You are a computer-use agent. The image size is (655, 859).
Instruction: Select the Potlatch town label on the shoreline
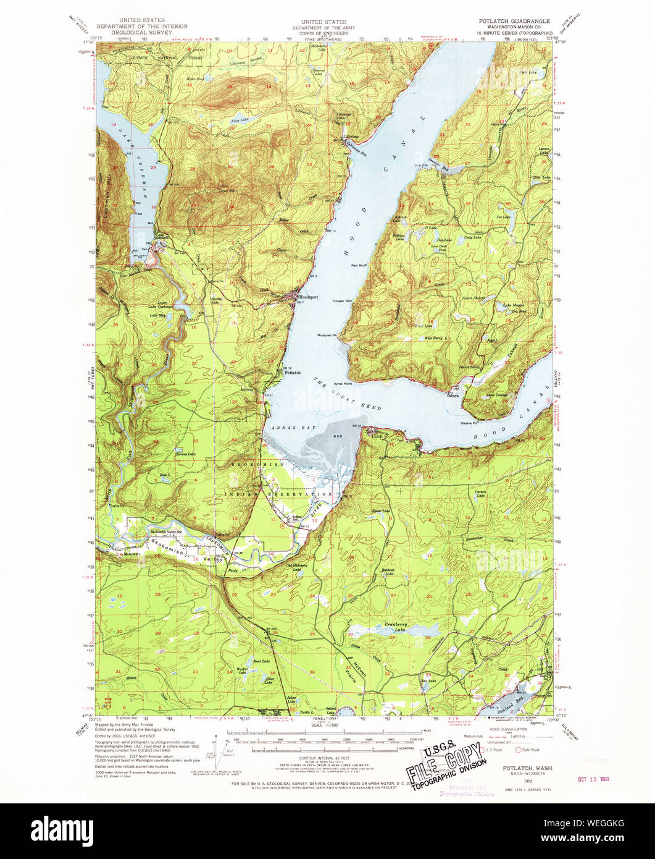[292, 373]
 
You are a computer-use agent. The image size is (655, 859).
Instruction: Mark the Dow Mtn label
[228, 191]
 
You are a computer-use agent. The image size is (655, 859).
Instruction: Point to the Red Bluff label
[359, 266]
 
